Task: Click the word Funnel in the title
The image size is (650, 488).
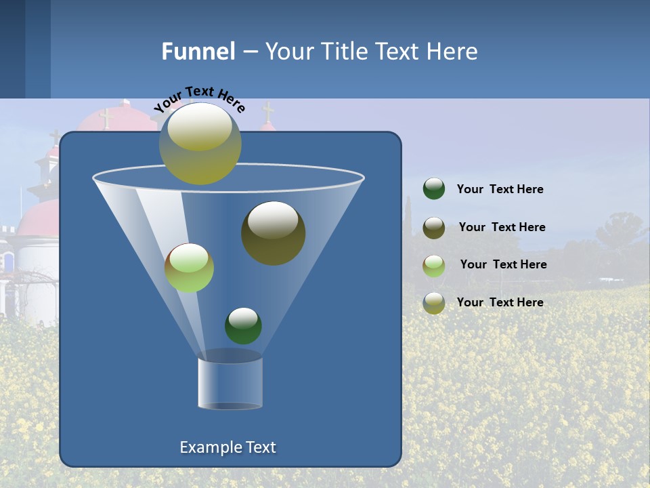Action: pyautogui.click(x=198, y=52)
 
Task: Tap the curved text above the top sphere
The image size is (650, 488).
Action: pyautogui.click(x=199, y=99)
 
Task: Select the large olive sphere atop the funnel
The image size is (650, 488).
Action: pyautogui.click(x=200, y=144)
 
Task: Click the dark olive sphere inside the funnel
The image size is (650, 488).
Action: pyautogui.click(x=273, y=233)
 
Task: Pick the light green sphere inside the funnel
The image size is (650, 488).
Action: pyautogui.click(x=189, y=268)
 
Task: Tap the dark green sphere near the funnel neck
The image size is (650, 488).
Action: pyautogui.click(x=243, y=325)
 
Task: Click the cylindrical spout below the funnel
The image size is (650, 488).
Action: pyautogui.click(x=230, y=383)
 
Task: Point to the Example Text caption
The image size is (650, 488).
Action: pyautogui.click(x=228, y=447)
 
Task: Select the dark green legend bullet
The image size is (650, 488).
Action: pyautogui.click(x=434, y=189)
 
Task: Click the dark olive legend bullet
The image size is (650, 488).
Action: pyautogui.click(x=434, y=228)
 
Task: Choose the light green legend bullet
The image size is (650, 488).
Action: pyautogui.click(x=434, y=266)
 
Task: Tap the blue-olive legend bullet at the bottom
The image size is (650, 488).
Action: pyautogui.click(x=434, y=303)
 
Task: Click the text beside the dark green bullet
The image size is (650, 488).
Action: pyautogui.click(x=500, y=190)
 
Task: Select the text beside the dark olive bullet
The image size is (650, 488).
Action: pyautogui.click(x=502, y=228)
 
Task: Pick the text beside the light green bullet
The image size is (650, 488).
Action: pyautogui.click(x=503, y=265)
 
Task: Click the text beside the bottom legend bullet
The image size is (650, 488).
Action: pyautogui.click(x=500, y=302)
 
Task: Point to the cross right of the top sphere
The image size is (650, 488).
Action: pyautogui.click(x=268, y=112)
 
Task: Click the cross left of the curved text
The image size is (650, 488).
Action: pyautogui.click(x=106, y=119)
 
